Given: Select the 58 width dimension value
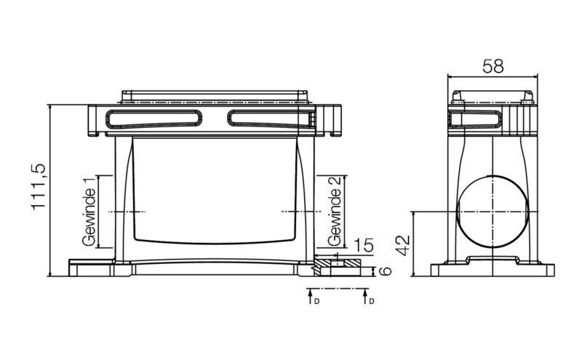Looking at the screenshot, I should click(493, 66).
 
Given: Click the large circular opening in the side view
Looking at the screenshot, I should click(493, 212).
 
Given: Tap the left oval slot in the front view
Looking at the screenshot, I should click(154, 119).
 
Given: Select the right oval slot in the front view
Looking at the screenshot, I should click(270, 119).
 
